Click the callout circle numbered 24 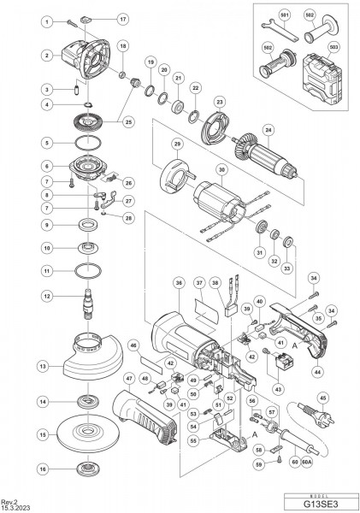pos(269,131)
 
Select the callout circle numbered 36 pos(179,283)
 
